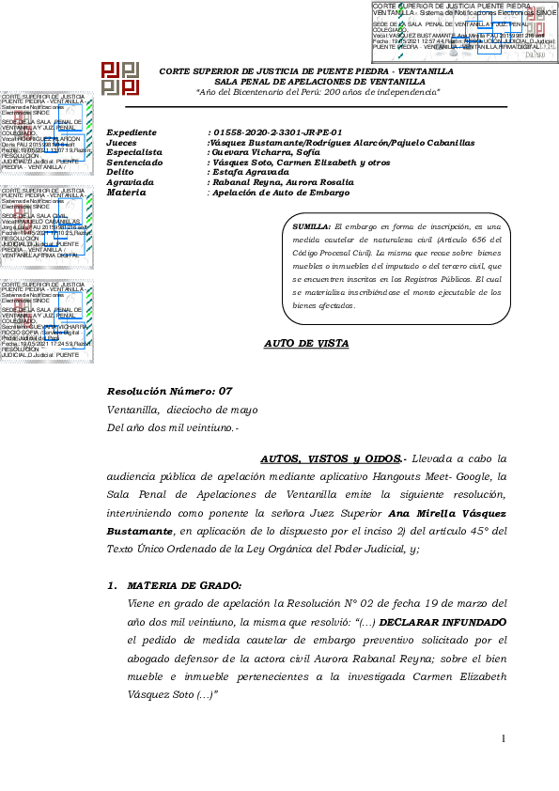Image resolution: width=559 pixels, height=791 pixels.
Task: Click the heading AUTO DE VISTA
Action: click(x=306, y=344)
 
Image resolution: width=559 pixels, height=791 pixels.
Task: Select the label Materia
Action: click(x=127, y=193)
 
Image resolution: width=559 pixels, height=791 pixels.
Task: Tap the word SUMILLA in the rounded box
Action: click(x=312, y=228)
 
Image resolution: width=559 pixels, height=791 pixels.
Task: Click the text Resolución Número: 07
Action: click(x=169, y=391)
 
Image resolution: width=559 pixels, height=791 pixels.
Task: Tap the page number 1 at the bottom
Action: click(x=504, y=738)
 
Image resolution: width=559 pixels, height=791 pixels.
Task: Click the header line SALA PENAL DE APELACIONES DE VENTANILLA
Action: click(x=319, y=82)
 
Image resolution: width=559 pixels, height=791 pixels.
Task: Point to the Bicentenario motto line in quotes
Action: click(x=318, y=92)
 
